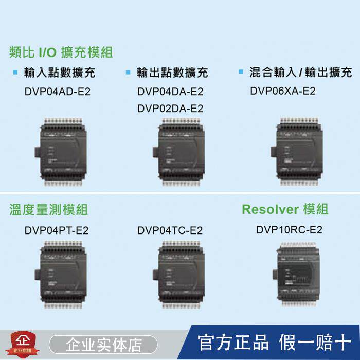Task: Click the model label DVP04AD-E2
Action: (x=57, y=93)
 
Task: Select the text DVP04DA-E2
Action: (x=170, y=93)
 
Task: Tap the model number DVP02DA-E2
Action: (x=170, y=109)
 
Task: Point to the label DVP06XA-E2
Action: (x=283, y=91)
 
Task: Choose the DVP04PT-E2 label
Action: (x=57, y=230)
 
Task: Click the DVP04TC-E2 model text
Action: (x=170, y=230)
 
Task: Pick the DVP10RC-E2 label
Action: (x=289, y=230)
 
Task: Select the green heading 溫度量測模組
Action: (x=48, y=210)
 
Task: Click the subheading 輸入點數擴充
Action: (x=60, y=73)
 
